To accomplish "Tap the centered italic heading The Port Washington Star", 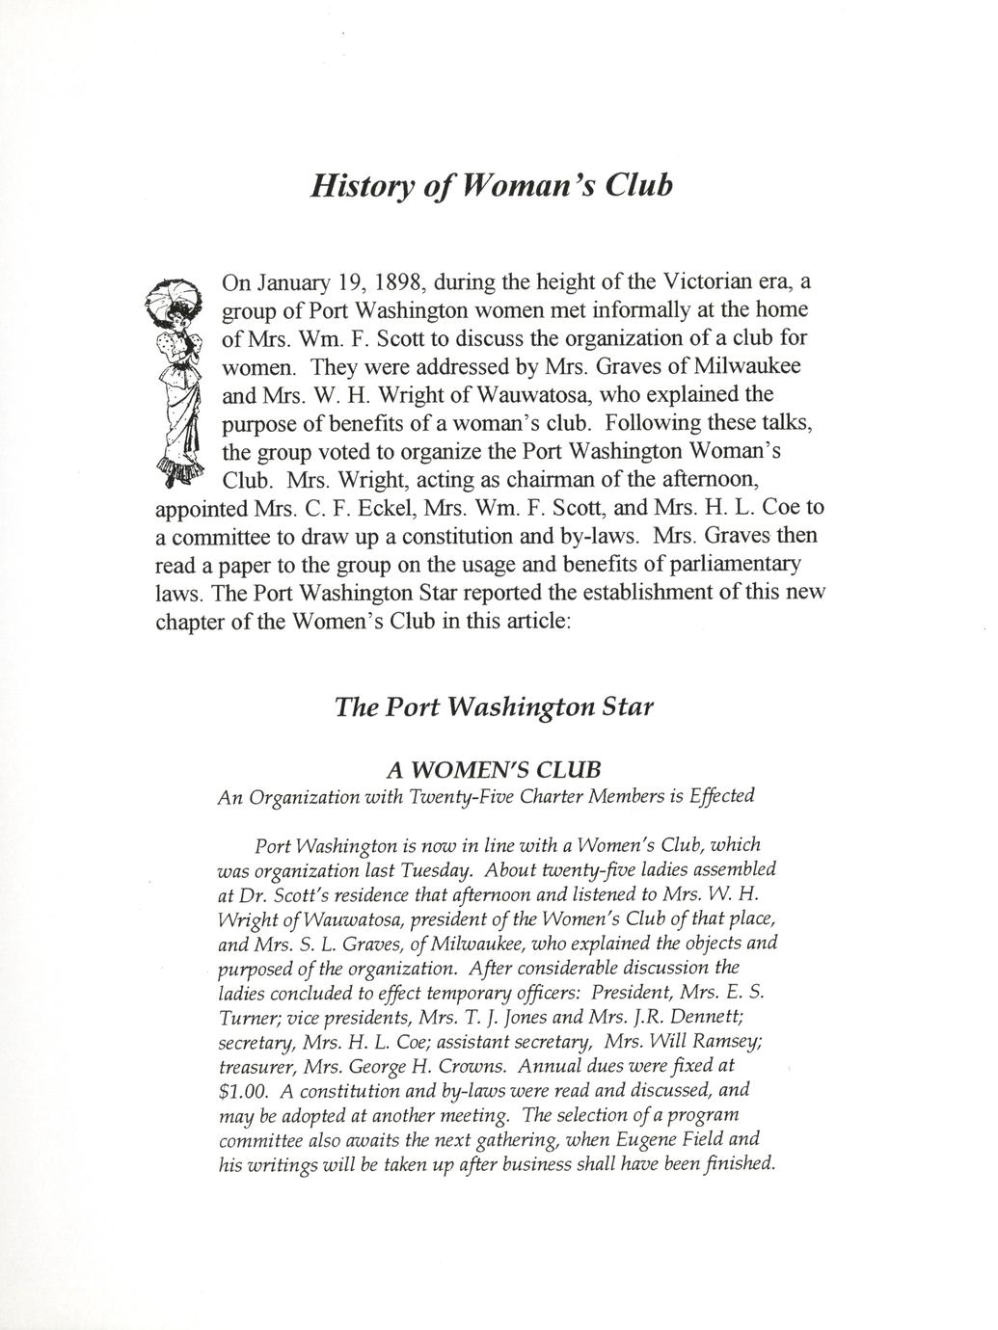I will [x=494, y=706].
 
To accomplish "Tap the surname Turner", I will [x=250, y=1018].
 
